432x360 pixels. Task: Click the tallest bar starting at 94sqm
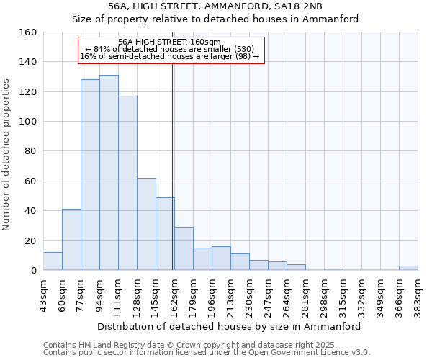pos(109,173)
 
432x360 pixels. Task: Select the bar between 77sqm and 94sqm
pos(90,175)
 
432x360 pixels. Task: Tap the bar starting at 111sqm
pos(127,183)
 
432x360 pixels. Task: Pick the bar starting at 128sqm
pos(146,224)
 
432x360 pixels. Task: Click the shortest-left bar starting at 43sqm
pos(53,261)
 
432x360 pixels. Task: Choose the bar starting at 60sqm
pos(71,240)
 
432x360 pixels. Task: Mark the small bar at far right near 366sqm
pos(408,269)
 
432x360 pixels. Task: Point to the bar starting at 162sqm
pos(184,248)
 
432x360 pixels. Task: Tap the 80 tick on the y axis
pos(30,152)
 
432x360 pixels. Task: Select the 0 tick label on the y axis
pos(34,271)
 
